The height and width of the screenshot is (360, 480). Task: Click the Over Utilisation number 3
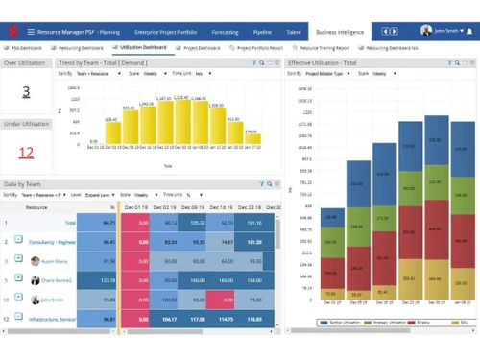pos(26,92)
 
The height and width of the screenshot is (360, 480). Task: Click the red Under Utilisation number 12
pos(26,152)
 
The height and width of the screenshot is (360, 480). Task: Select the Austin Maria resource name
pos(54,261)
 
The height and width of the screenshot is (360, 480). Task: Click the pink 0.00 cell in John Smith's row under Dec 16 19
pos(221,300)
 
